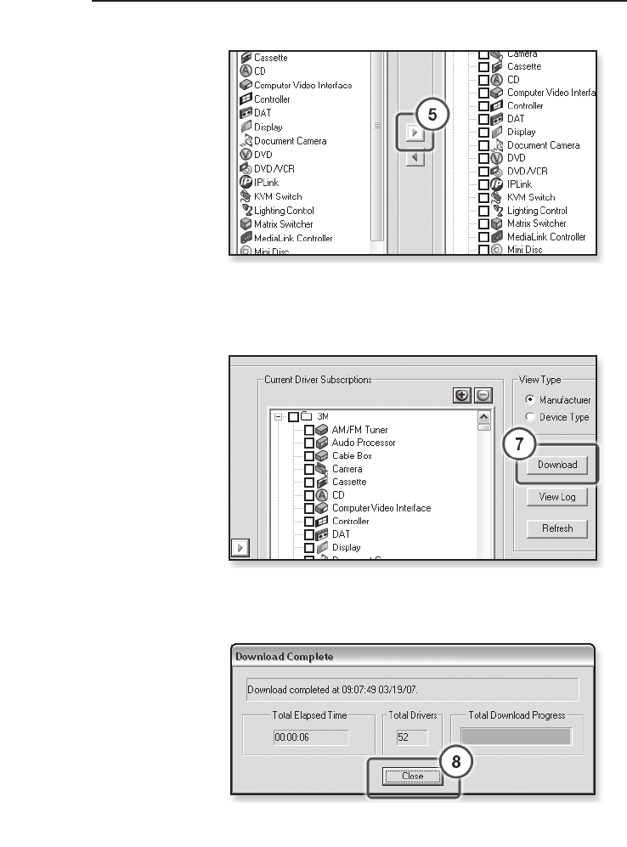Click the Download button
pyautogui.click(x=556, y=465)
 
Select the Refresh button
pyautogui.click(x=556, y=528)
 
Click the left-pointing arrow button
pyautogui.click(x=414, y=159)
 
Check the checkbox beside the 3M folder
pyautogui.click(x=293, y=417)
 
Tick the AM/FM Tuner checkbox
pyautogui.click(x=309, y=430)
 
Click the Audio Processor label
pyautogui.click(x=364, y=443)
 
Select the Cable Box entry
pyautogui.click(x=352, y=455)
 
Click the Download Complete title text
pyautogui.click(x=284, y=657)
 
